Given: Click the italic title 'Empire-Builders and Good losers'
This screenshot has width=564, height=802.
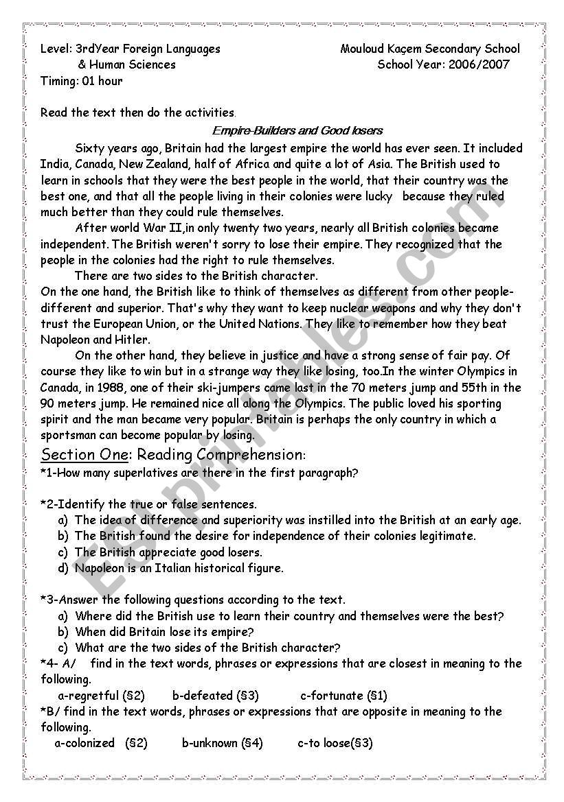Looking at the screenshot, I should point(297,130).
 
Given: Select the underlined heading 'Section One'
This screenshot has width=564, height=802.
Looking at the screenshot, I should point(84,455).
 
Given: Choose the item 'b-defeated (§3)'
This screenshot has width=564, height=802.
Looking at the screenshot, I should point(215,696).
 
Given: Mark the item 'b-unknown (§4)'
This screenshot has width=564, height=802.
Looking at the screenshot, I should point(222,743).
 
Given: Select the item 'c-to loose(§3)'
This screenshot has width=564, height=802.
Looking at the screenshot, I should point(335,743).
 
